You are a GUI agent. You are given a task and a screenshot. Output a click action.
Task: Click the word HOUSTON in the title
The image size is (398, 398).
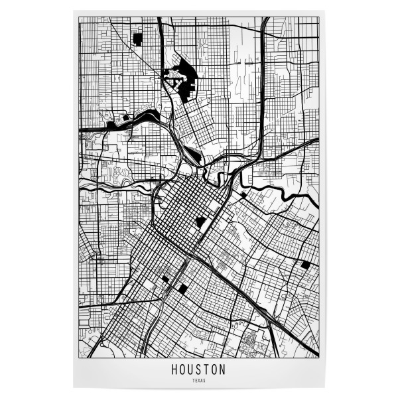199,369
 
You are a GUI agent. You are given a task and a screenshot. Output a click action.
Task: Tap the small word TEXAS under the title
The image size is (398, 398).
199,381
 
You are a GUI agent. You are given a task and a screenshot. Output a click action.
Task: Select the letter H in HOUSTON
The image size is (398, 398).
175,369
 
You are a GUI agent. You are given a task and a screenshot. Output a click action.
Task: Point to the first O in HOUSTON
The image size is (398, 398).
183,369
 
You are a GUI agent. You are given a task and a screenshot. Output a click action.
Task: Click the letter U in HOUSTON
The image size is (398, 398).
191,369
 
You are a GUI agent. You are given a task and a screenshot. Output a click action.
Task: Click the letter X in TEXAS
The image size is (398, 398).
199,381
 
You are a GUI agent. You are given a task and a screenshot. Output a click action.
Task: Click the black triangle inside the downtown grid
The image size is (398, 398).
200,222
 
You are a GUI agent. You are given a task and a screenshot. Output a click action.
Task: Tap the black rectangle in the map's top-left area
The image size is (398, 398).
137,38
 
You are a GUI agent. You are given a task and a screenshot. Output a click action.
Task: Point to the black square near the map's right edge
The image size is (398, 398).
305,264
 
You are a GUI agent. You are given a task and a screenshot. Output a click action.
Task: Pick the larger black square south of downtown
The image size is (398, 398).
181,288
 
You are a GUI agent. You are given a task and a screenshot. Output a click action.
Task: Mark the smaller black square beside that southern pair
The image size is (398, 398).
165,279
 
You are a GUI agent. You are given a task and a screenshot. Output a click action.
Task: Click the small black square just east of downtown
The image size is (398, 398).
243,194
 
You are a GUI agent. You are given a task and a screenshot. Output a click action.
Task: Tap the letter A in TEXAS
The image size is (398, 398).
202,381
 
